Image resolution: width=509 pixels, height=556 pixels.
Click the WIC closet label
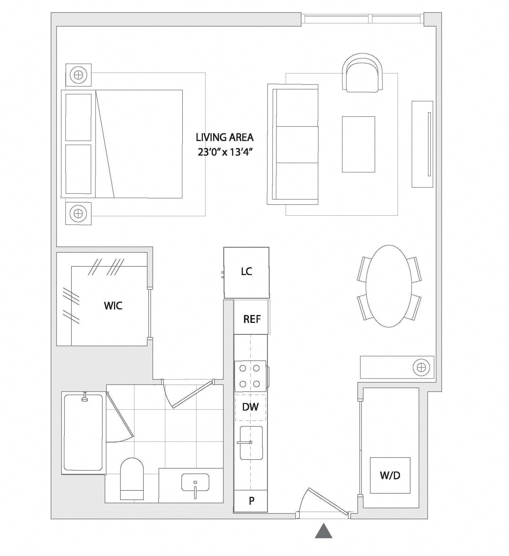[x=113, y=306]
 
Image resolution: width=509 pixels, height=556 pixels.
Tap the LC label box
[x=246, y=273]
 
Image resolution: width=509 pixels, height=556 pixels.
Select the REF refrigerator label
[x=252, y=319]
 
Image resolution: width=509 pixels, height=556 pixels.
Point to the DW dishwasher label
[x=250, y=407]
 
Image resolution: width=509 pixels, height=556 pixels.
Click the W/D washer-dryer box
[x=390, y=475]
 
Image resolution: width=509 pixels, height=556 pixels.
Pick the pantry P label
[x=251, y=501]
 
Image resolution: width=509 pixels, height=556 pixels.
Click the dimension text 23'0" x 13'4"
[x=224, y=152]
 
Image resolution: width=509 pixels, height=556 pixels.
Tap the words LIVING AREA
[x=224, y=137]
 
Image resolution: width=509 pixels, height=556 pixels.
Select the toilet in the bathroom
[x=132, y=479]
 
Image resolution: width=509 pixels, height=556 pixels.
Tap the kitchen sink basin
[x=251, y=443]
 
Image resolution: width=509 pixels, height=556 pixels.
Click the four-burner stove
[x=250, y=376]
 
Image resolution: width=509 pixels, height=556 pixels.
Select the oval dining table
[x=389, y=286]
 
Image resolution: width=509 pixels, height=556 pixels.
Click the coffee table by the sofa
[x=358, y=144]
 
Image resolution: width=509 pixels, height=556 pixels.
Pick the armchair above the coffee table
[x=362, y=73]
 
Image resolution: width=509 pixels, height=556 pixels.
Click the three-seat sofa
[x=293, y=145]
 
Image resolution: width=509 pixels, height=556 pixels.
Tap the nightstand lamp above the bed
[x=78, y=75]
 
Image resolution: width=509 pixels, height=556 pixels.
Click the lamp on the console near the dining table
[x=422, y=367]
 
